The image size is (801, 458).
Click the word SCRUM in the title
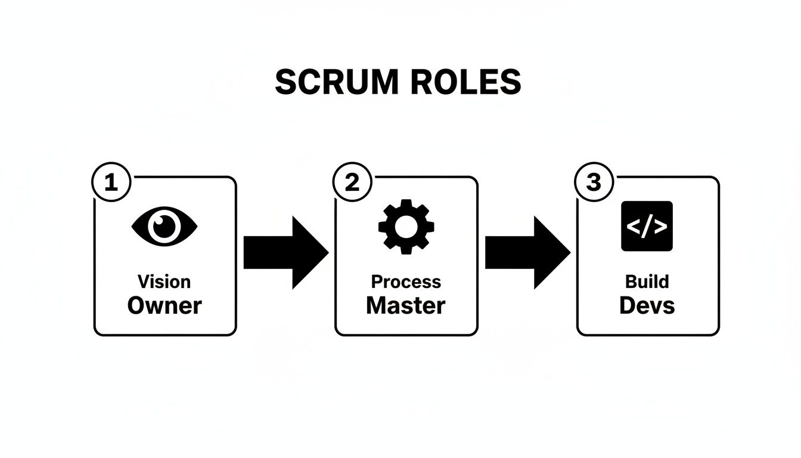[336, 82]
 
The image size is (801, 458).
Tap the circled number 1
[111, 182]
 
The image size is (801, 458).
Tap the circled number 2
[352, 182]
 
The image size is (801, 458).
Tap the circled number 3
[594, 182]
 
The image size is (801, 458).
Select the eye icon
[164, 227]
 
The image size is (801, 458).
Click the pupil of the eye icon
[164, 227]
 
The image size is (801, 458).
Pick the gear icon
[406, 227]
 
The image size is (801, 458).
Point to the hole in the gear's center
[406, 227]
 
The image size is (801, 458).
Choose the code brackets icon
[647, 226]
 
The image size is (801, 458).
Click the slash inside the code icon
[647, 227]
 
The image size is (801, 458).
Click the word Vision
[164, 281]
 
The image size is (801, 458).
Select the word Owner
[164, 305]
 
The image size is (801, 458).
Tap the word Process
[406, 281]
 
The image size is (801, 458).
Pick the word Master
[406, 305]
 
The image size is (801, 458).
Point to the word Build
[647, 281]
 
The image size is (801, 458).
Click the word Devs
[647, 305]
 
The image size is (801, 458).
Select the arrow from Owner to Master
[285, 252]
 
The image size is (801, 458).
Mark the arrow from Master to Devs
[527, 252]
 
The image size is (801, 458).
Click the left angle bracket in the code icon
[633, 227]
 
